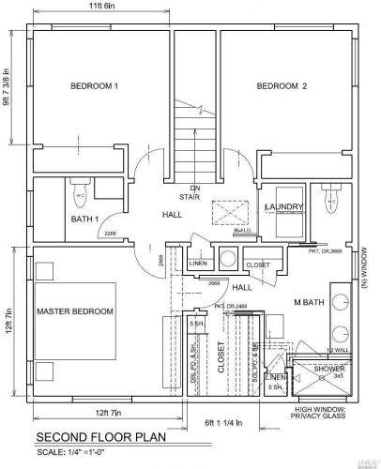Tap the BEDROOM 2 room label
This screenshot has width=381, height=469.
(x=282, y=86)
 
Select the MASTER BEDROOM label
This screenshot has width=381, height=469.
(x=75, y=310)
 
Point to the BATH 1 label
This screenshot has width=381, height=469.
(x=84, y=219)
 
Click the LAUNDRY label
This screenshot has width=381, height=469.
(x=282, y=206)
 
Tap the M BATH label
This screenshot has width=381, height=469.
(x=309, y=301)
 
